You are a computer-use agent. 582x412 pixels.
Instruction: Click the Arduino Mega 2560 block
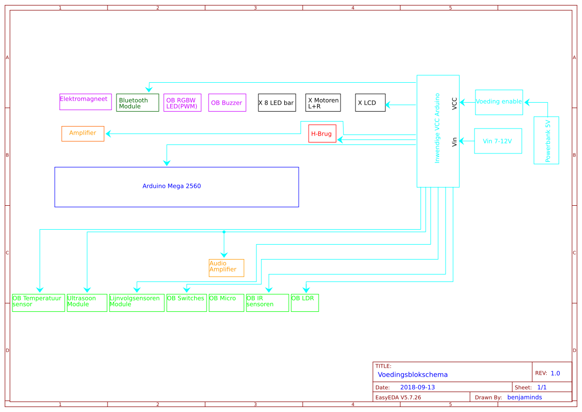[176, 187]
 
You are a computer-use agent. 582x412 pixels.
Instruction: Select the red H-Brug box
[322, 134]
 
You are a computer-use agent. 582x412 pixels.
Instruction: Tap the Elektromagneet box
[85, 102]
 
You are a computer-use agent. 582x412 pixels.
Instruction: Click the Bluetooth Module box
[137, 103]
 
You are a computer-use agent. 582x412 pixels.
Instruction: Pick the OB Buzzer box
[227, 103]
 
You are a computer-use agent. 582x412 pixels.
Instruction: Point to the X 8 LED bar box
[277, 103]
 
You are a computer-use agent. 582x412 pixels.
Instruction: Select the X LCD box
[370, 103]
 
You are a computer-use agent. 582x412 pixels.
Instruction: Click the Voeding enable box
[499, 102]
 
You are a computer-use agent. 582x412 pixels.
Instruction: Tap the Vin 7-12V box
[498, 141]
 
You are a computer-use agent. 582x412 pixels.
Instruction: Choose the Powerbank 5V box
[546, 140]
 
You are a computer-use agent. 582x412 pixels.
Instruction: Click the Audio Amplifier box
[226, 268]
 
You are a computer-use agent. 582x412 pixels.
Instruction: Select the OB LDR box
[305, 302]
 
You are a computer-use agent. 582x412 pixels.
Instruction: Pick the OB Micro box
[226, 302]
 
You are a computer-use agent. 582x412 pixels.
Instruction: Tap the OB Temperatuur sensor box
[38, 302]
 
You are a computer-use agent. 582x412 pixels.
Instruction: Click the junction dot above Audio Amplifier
[224, 232]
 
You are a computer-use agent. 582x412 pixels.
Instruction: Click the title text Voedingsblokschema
[413, 375]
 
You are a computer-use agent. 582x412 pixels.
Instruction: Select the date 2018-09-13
[417, 387]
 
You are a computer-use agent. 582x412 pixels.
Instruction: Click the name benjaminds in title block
[524, 397]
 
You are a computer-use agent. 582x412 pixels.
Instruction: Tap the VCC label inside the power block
[455, 104]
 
